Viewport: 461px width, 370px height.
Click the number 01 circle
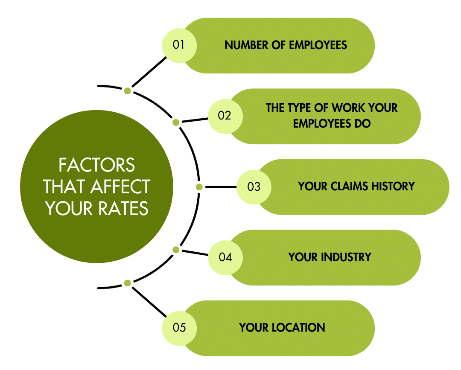point(179,46)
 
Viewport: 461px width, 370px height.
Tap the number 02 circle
point(225,117)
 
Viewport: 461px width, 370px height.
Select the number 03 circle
point(254,187)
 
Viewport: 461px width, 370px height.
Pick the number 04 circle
point(225,258)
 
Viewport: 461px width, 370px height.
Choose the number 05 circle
point(179,328)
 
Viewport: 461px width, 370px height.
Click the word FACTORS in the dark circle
point(97,165)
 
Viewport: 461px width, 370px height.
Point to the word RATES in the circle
point(123,208)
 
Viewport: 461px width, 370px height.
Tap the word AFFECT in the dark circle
point(120,186)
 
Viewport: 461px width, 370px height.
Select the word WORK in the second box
point(346,108)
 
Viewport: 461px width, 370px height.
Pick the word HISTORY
point(393,186)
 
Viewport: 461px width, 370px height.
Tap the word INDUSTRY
point(346,257)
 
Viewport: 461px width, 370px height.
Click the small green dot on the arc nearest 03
point(199,187)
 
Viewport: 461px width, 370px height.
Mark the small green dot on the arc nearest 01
point(127,91)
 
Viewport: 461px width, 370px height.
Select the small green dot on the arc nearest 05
point(127,283)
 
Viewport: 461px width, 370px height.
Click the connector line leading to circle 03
point(221,187)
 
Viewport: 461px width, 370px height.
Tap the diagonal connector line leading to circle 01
point(149,72)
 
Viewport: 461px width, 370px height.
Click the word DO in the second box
point(362,123)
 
